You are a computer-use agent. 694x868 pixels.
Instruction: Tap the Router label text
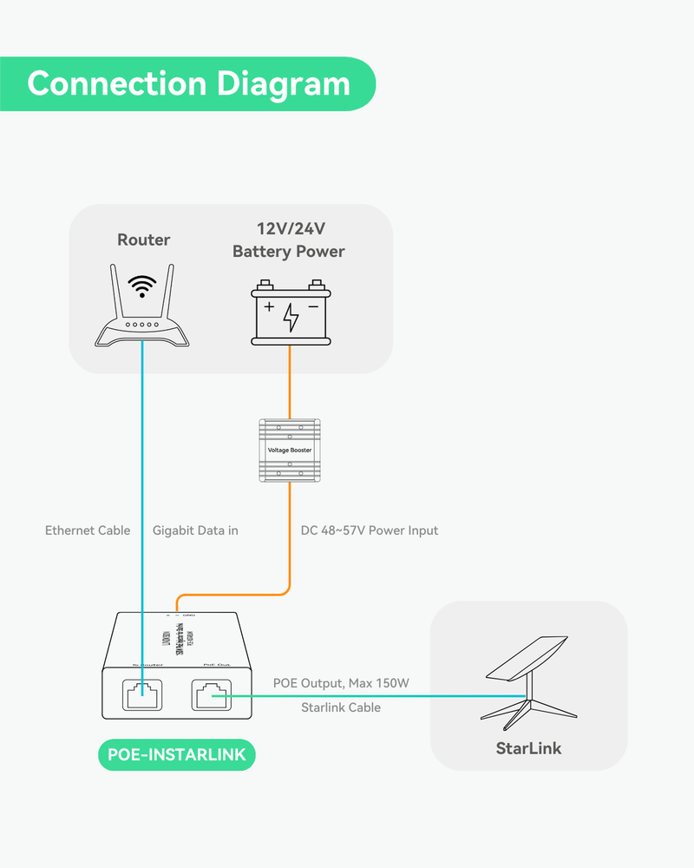[144, 240]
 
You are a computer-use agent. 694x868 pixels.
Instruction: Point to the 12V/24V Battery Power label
[288, 240]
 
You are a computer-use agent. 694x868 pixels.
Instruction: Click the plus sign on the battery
[269, 307]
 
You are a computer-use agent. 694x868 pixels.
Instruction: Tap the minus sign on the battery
[313, 307]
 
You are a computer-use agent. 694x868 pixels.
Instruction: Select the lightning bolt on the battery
[291, 318]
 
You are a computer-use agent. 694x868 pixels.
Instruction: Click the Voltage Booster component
[290, 450]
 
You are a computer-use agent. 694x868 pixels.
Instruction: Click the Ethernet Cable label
[88, 530]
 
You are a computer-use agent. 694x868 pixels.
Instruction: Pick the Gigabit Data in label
[195, 530]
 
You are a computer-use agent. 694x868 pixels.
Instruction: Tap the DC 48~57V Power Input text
[370, 530]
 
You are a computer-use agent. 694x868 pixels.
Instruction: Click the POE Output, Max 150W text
[341, 684]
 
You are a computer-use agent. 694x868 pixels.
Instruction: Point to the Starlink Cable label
[341, 707]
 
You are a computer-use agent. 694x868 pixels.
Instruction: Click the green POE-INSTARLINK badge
[176, 755]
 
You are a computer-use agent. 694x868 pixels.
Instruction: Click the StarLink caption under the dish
[528, 748]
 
